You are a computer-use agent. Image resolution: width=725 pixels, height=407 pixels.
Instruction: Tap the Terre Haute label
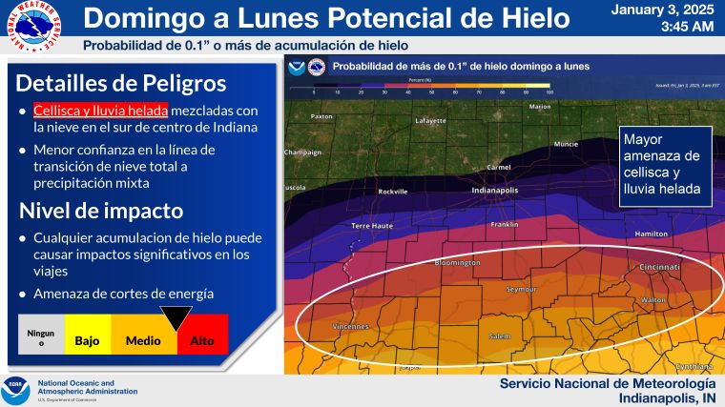click(x=372, y=225)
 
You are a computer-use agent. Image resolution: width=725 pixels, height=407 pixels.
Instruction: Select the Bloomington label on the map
click(x=457, y=261)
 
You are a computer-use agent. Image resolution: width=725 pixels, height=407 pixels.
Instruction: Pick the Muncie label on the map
click(x=566, y=144)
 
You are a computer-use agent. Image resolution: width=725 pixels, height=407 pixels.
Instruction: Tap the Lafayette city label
click(x=430, y=121)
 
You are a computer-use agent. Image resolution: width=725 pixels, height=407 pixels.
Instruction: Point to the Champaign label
click(x=303, y=152)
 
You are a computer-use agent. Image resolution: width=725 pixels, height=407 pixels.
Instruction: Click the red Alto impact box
click(x=202, y=340)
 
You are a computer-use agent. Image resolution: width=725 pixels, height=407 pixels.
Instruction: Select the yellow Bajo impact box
click(x=88, y=340)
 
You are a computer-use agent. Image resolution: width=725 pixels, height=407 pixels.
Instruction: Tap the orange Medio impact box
click(x=143, y=340)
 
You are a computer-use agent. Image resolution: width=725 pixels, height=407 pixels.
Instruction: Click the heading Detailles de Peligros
click(x=120, y=82)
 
